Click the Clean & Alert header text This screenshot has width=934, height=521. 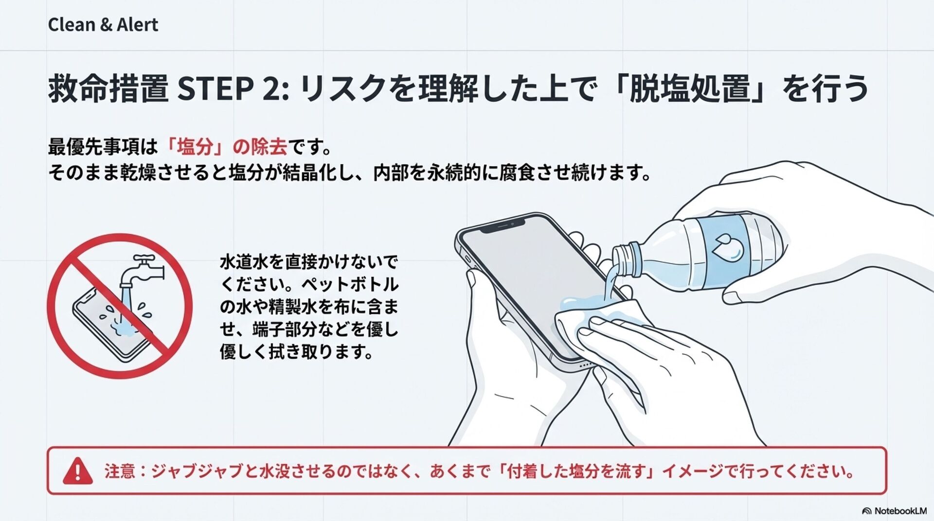[103, 25]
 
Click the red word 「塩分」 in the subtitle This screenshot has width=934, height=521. [195, 147]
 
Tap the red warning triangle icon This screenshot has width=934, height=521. [77, 471]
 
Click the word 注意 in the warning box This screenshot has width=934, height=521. [119, 471]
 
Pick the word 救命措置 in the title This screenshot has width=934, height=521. [108, 89]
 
